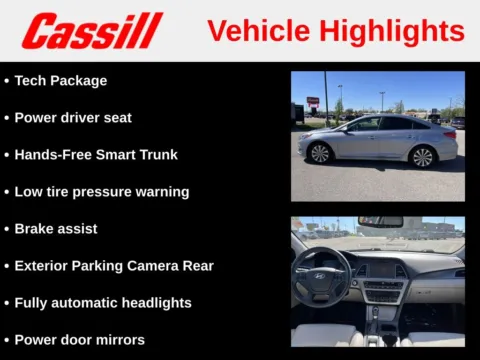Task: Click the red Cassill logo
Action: click(x=92, y=31)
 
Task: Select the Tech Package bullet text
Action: click(x=60, y=81)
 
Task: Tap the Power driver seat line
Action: click(x=73, y=118)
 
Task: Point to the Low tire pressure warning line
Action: click(x=101, y=192)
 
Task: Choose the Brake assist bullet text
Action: click(x=56, y=229)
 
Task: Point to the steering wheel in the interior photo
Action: click(x=321, y=275)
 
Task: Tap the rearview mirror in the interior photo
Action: click(x=380, y=221)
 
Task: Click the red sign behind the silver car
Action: click(x=313, y=101)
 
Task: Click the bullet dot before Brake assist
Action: click(x=7, y=229)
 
